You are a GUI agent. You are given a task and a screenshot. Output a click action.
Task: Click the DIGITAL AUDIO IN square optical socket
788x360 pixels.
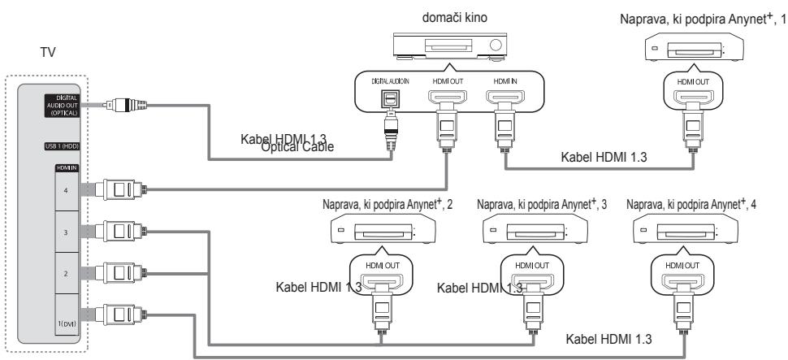tap(392, 99)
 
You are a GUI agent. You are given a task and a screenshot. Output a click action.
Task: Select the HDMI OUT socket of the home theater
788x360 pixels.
tap(448, 100)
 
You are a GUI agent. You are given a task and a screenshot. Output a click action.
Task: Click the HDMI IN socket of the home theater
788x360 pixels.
tap(504, 100)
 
